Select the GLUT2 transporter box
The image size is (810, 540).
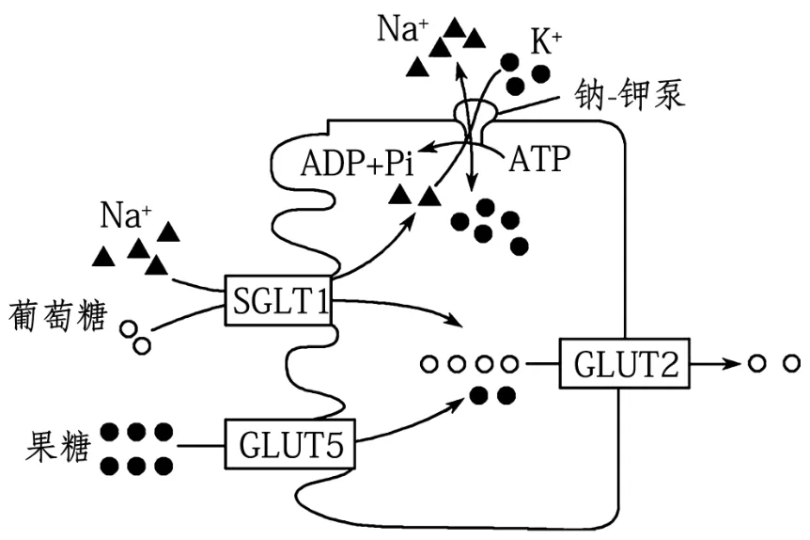click(623, 362)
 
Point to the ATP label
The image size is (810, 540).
click(539, 159)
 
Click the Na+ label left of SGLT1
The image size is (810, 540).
click(126, 216)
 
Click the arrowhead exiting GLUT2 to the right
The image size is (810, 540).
click(732, 362)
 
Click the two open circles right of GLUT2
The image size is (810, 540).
click(773, 362)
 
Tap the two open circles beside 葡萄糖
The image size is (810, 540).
click(137, 338)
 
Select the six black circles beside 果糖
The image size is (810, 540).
click(137, 448)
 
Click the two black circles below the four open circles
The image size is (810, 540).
click(493, 394)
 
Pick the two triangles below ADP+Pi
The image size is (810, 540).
click(415, 196)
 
